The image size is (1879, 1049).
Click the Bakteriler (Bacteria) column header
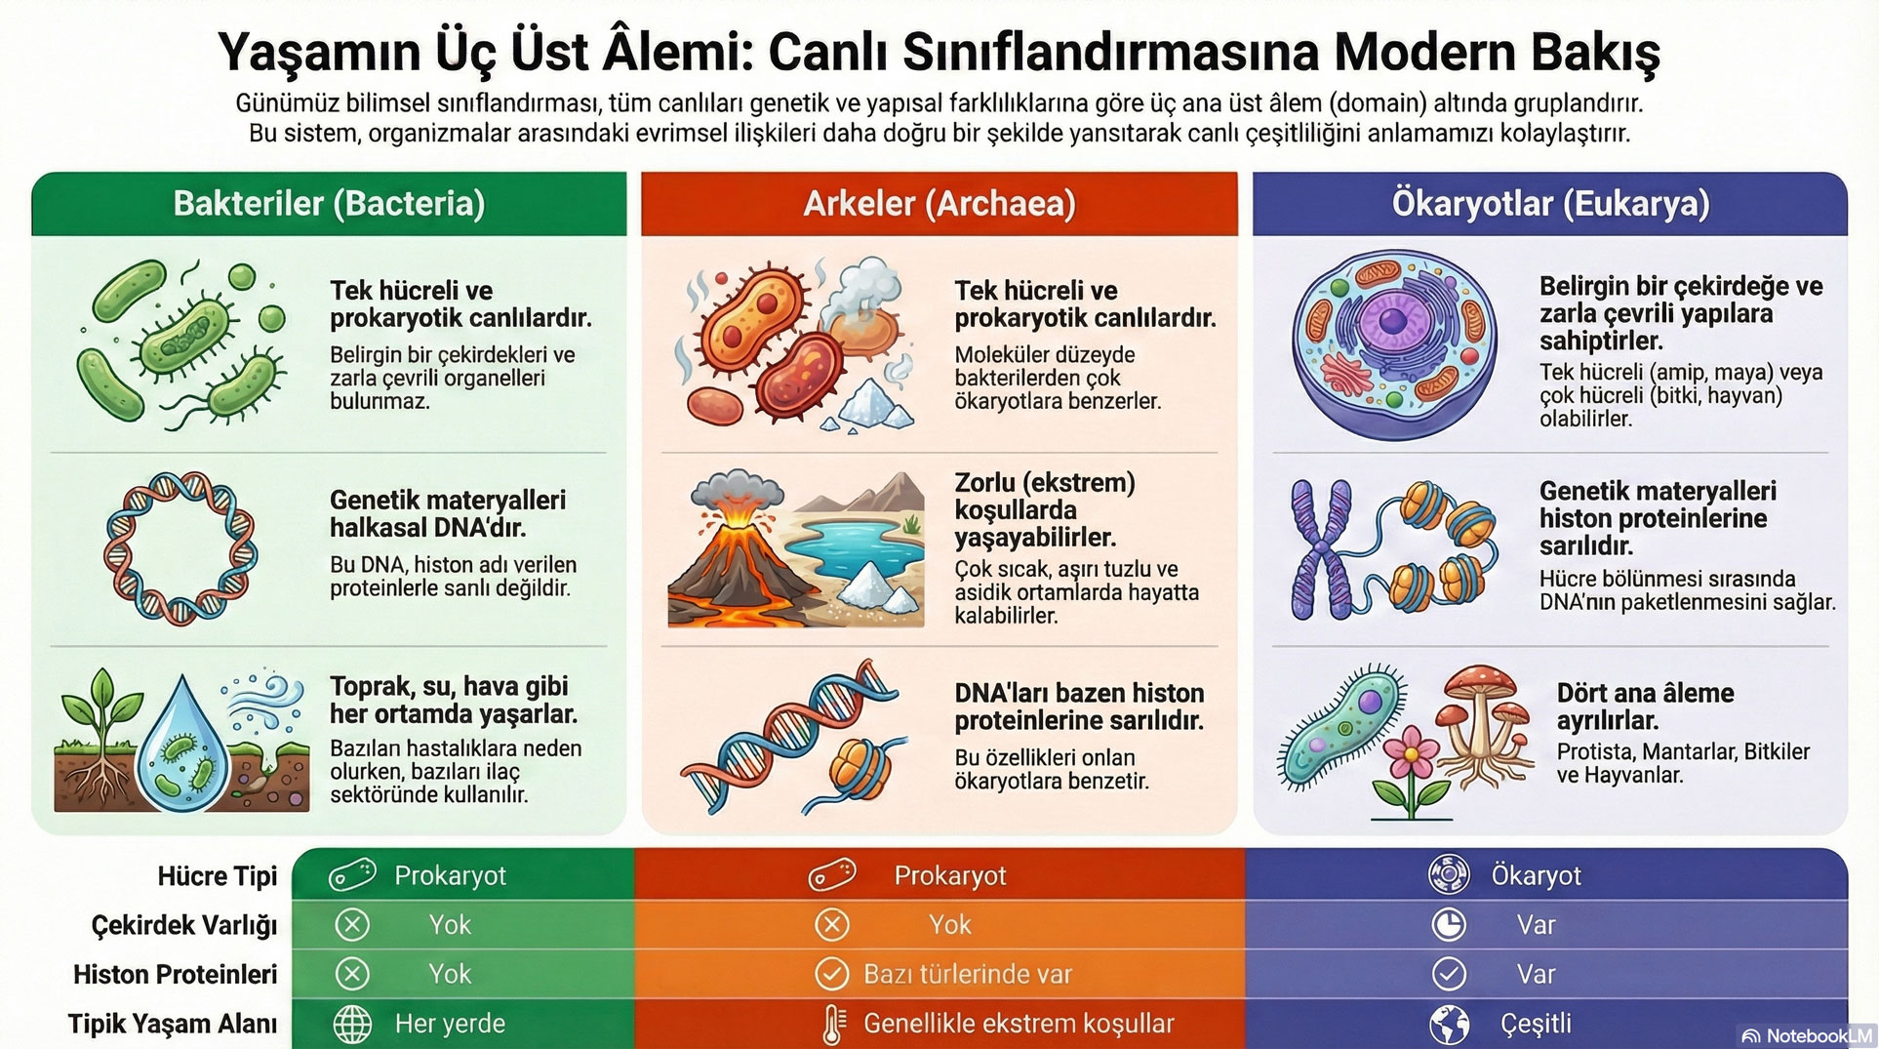329,203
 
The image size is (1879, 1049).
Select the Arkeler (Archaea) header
939,203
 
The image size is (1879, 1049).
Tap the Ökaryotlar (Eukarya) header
1549,203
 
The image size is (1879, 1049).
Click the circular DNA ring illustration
180,547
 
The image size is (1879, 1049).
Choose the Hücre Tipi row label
217,876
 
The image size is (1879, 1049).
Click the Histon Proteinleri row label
176,974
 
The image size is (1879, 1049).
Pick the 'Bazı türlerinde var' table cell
967,974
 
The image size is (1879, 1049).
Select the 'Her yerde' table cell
450,1024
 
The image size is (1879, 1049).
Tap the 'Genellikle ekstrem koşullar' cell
1018,1024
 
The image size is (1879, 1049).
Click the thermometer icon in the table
832,1025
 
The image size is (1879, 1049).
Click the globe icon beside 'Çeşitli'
1449,1024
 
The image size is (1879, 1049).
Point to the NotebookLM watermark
1808,1035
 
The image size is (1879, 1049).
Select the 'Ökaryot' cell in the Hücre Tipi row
1535,875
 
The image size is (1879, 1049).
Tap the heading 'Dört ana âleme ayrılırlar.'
1645,706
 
